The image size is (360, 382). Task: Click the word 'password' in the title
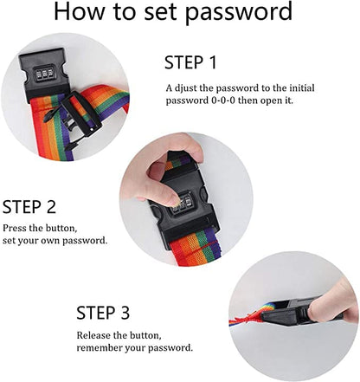pos(239,12)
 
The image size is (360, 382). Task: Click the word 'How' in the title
pos(79,11)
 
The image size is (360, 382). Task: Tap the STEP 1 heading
pos(190,62)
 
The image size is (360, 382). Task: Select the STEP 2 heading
pos(29,207)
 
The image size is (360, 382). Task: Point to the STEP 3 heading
pos(103,313)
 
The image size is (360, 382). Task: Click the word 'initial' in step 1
pos(302,87)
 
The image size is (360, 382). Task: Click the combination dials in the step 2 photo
pos(183,202)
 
